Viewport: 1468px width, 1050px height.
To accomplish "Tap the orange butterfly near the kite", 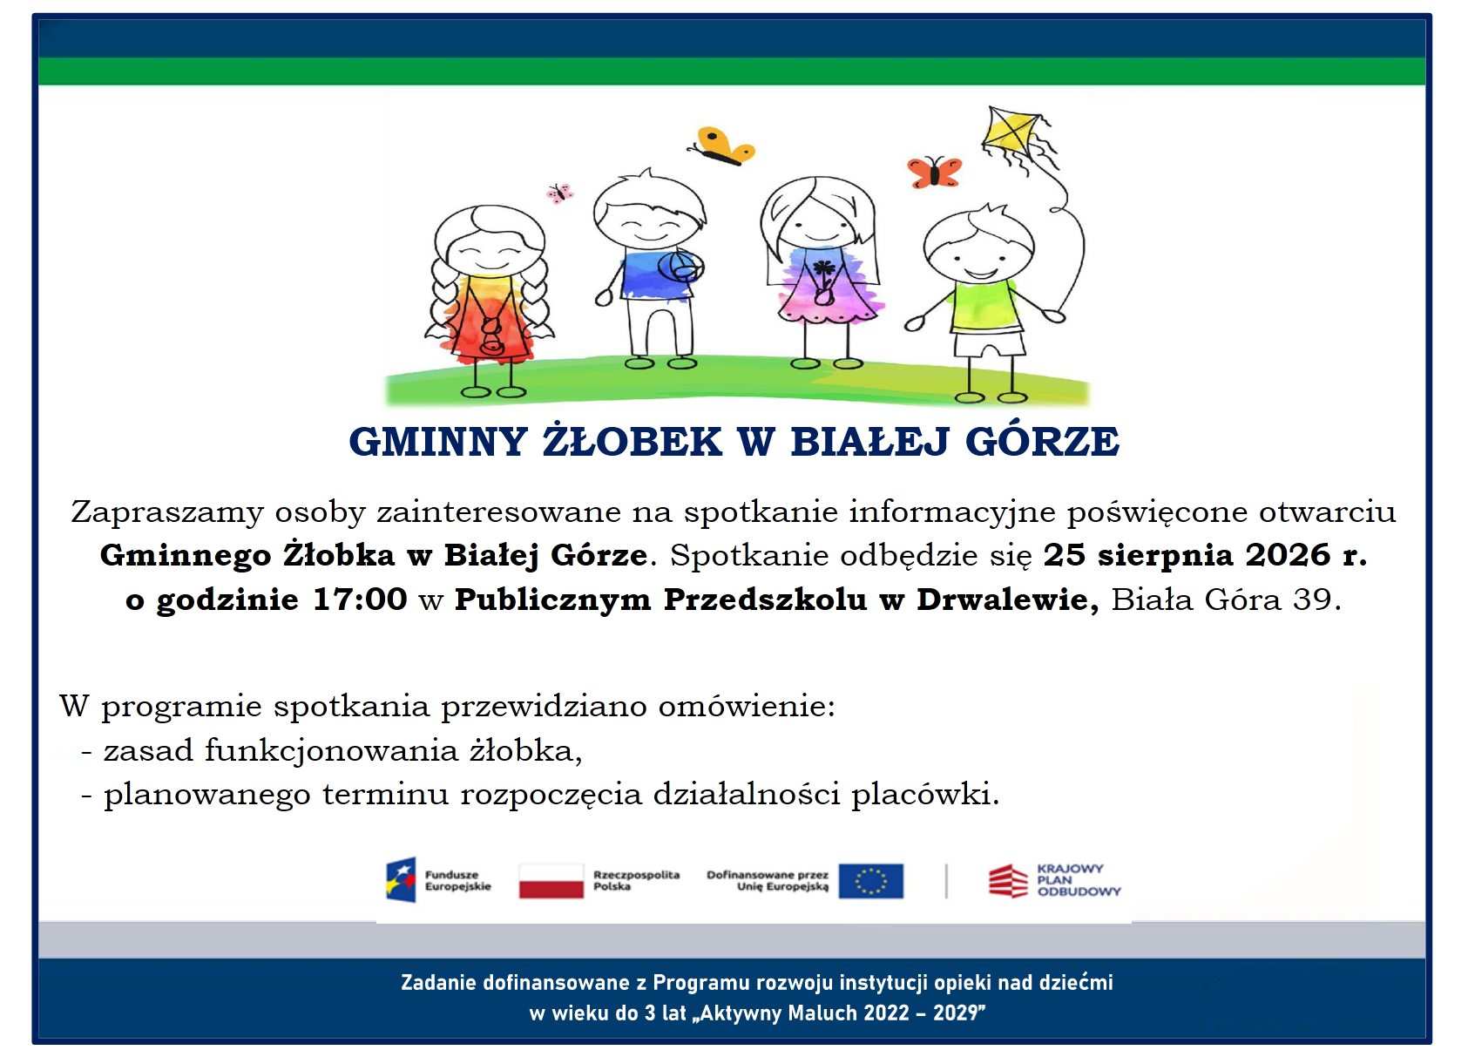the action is click(934, 172).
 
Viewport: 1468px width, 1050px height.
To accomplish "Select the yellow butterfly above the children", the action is click(723, 145).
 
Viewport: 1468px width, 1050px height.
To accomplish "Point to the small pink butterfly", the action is click(559, 193).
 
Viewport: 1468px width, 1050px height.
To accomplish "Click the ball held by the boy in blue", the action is click(680, 267).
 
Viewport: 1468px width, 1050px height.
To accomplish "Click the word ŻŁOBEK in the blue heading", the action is click(632, 441).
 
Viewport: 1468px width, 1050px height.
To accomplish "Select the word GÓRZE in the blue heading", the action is click(1042, 440).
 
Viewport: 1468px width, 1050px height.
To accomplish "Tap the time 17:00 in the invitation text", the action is click(360, 599).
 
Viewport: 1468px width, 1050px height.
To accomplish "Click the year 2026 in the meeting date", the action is click(1288, 554).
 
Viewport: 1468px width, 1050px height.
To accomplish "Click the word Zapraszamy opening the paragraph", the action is click(166, 512).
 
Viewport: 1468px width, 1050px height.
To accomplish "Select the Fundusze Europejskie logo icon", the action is click(401, 879).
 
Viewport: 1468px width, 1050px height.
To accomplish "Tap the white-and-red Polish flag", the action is click(551, 880).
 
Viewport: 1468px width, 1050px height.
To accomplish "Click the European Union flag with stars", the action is click(871, 880).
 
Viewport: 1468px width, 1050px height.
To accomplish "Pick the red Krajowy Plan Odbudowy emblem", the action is click(1008, 880).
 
